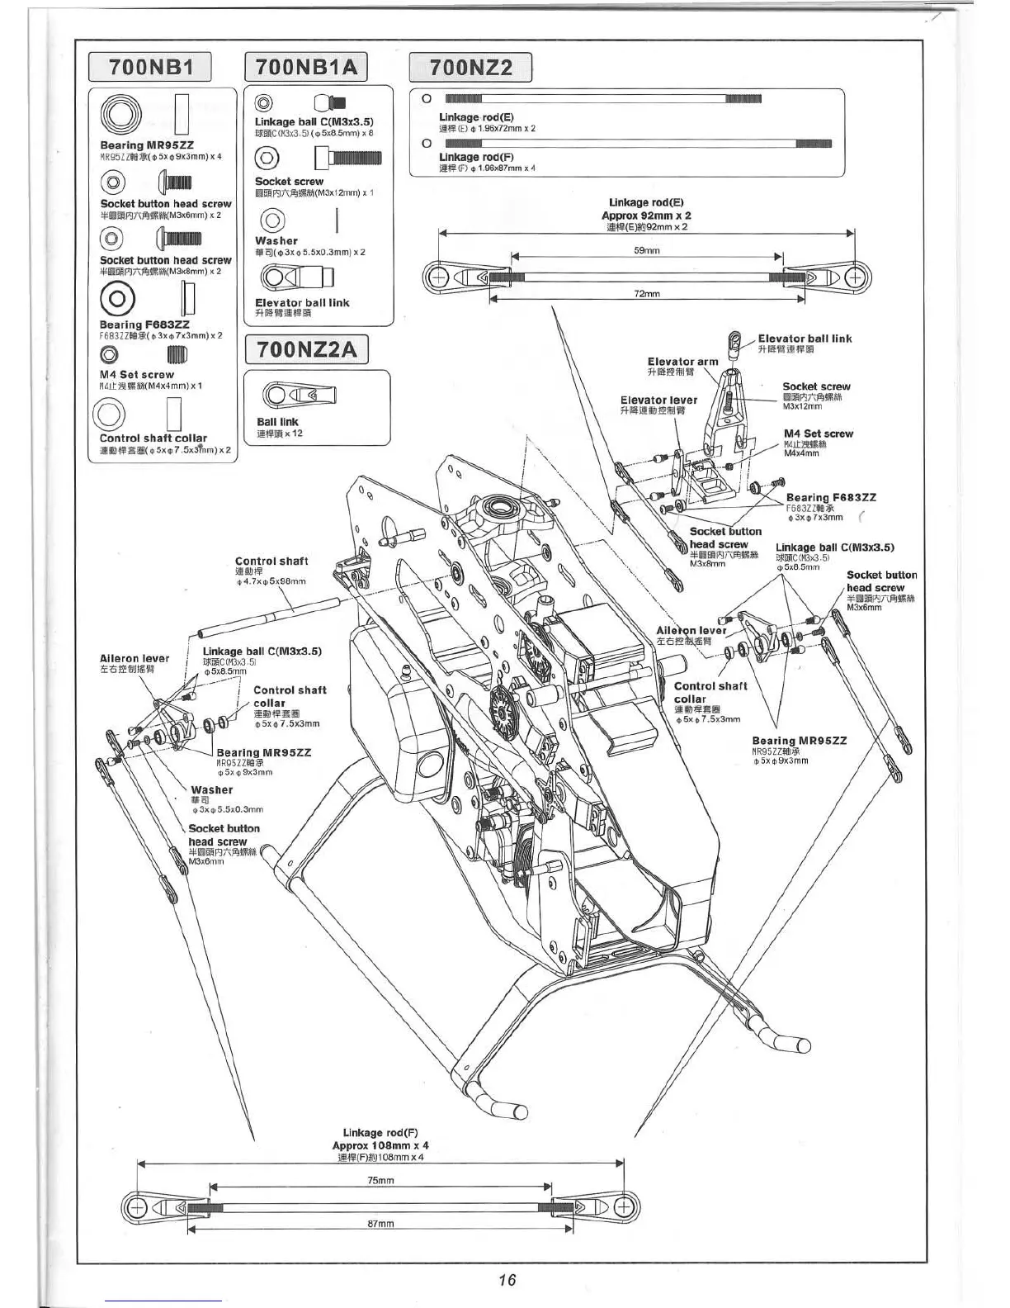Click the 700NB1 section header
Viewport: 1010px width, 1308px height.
click(x=149, y=68)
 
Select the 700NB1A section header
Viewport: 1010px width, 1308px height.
click(x=306, y=67)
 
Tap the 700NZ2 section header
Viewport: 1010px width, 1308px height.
click(x=470, y=67)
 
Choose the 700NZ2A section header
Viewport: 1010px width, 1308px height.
click(x=306, y=350)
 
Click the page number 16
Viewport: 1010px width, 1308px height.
click(x=507, y=1279)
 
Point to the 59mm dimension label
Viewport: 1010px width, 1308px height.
click(x=646, y=250)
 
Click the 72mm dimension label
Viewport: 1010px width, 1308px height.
click(x=646, y=294)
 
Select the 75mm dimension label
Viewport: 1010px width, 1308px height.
click(x=380, y=1180)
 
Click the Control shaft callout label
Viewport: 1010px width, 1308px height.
click(x=271, y=562)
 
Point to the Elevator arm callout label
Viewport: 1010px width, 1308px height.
click(x=682, y=362)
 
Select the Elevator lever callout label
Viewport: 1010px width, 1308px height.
click(x=658, y=400)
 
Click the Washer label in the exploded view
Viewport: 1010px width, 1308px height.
click(x=211, y=790)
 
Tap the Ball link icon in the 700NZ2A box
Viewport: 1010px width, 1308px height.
click(x=298, y=396)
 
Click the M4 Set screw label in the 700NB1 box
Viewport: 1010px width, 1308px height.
click(x=137, y=375)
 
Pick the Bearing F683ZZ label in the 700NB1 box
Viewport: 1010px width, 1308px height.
click(x=144, y=325)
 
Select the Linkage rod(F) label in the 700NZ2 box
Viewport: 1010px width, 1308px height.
click(x=465, y=157)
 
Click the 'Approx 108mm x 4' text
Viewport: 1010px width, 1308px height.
click(x=380, y=1145)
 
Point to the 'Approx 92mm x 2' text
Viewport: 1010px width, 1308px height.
click(x=646, y=215)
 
